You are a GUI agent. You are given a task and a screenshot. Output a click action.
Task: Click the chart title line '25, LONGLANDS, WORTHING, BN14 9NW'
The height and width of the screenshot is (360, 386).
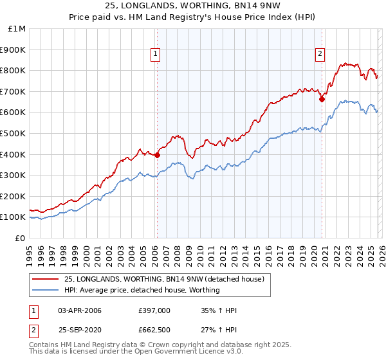click(193, 6)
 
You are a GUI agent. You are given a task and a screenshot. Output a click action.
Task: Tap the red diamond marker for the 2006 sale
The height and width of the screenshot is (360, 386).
click(157, 155)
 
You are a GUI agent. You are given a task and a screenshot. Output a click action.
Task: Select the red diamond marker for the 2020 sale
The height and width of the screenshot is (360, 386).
click(322, 99)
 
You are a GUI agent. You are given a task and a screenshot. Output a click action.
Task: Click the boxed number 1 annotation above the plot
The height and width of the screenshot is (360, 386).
click(156, 55)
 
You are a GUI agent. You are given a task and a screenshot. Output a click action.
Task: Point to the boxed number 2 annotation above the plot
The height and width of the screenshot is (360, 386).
click(320, 55)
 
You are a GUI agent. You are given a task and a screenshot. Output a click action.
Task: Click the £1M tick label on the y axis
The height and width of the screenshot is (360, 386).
click(17, 29)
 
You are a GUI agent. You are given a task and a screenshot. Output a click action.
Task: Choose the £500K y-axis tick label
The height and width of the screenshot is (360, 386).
click(14, 133)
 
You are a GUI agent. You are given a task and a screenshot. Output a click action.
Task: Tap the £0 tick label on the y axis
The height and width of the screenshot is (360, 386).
click(20, 238)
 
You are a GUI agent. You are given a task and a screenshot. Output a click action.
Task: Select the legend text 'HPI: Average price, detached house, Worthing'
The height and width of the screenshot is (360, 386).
click(142, 291)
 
